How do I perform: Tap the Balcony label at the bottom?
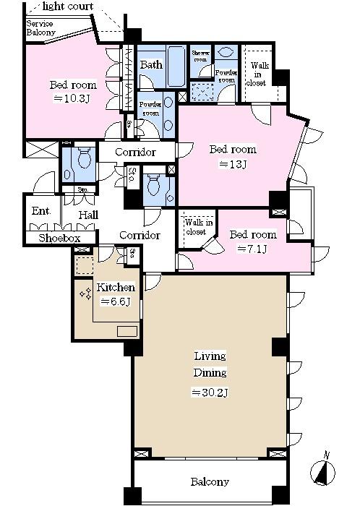coord(210,482)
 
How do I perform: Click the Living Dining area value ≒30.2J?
coord(210,393)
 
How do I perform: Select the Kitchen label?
coord(116,287)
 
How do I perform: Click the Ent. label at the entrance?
coord(40,213)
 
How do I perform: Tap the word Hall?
coord(88,215)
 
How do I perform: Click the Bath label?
coord(151,65)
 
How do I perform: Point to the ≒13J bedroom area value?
coord(233,164)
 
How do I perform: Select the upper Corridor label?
coord(136,153)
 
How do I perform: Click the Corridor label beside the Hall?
coord(139,236)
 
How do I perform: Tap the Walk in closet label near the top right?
coord(258,74)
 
